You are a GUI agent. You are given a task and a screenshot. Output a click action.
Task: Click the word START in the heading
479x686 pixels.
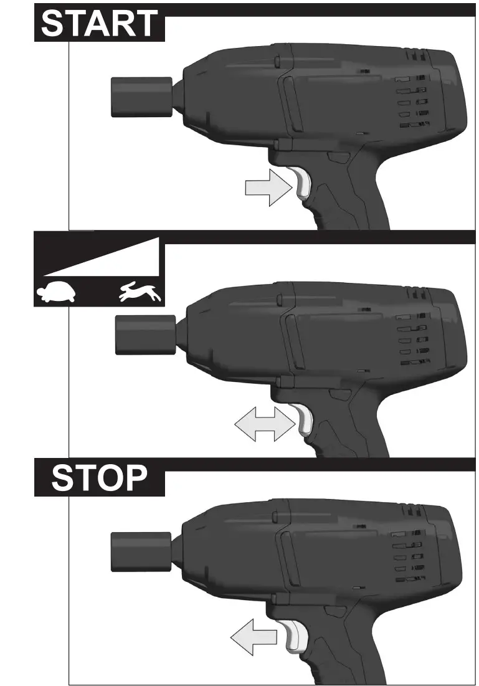(99, 24)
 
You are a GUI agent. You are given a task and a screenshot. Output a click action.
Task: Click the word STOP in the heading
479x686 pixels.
(99, 478)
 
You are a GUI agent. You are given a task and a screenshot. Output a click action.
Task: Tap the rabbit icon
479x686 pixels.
(141, 292)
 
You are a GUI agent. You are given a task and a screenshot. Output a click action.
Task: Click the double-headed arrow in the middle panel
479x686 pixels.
(264, 426)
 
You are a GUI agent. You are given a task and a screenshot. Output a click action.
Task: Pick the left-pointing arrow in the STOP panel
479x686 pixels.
(254, 637)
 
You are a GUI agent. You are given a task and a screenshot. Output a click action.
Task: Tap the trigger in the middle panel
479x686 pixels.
(305, 421)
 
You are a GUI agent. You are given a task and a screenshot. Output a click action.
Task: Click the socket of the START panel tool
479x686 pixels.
(141, 97)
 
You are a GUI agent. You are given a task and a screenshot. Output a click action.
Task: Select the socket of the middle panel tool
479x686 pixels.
(146, 334)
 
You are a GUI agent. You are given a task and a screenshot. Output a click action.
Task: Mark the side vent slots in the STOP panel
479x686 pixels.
(411, 555)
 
